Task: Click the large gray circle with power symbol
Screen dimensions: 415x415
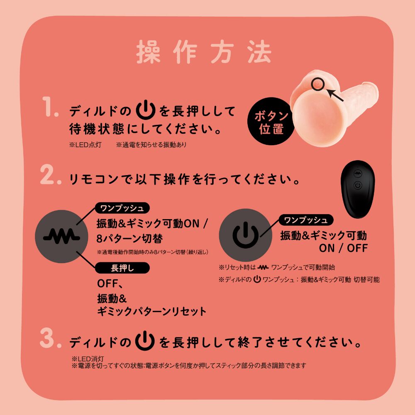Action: click(x=245, y=235)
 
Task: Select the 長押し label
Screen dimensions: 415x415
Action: click(x=122, y=268)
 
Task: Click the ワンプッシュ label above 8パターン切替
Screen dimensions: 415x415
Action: click(x=122, y=207)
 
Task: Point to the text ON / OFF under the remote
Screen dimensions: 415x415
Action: click(x=343, y=248)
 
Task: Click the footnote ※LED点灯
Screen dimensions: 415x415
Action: click(x=85, y=145)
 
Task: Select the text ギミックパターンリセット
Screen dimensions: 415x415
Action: click(x=151, y=311)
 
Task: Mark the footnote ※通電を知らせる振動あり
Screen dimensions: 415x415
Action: click(x=151, y=145)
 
